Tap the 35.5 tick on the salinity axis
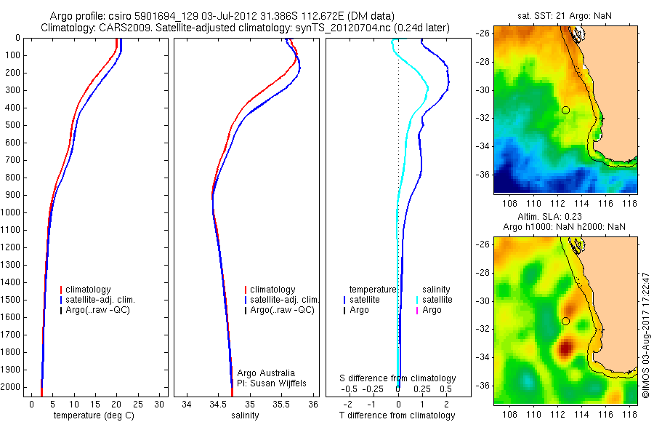tap(281, 404)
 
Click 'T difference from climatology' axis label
tap(398, 415)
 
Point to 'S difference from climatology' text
tap(398, 378)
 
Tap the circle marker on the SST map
tap(565, 110)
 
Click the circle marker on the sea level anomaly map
tap(565, 321)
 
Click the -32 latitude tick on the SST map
tap(483, 118)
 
